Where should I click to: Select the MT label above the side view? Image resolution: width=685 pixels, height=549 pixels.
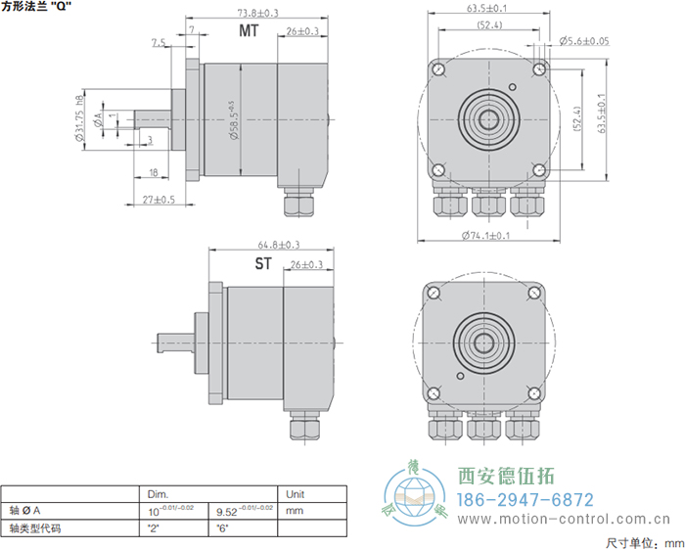(249, 31)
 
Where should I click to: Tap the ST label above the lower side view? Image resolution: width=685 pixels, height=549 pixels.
(263, 263)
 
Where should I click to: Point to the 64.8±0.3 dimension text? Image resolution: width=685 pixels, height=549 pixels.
(279, 245)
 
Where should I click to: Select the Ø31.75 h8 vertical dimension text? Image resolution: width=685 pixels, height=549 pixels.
(78, 120)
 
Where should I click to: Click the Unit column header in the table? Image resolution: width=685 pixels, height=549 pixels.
(296, 493)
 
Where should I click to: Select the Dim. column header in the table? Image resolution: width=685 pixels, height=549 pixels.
(159, 493)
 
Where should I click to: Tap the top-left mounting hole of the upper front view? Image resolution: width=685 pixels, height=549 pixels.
(437, 69)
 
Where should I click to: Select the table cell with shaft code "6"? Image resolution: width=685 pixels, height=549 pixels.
(221, 527)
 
